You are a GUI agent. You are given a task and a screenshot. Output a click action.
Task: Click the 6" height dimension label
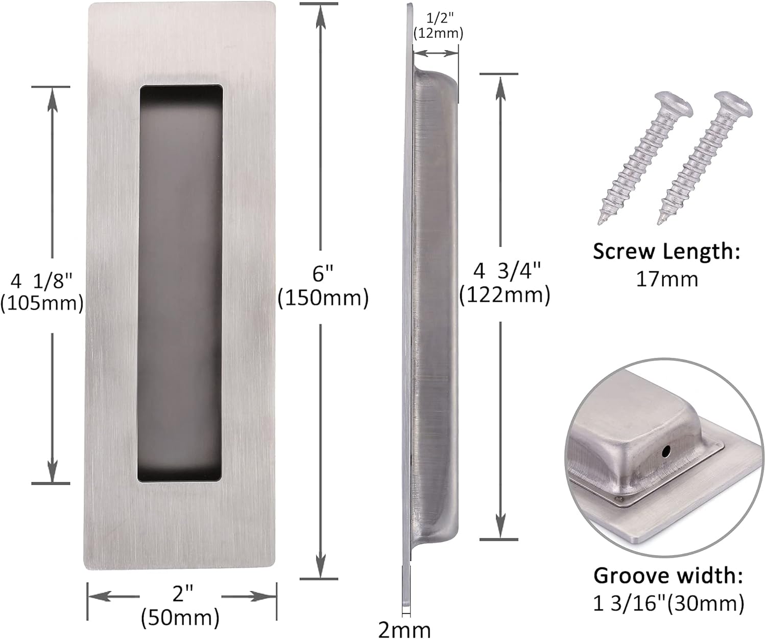point(323,275)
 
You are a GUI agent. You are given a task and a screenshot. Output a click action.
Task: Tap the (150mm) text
point(323,298)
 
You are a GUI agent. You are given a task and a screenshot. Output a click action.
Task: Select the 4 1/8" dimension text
point(42,281)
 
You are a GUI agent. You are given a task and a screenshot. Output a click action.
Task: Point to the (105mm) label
point(42,303)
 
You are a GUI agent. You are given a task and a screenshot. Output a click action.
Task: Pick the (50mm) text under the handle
point(180,617)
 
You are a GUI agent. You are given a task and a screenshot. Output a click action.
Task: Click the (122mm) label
point(505,295)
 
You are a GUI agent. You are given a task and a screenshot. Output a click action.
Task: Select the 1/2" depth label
point(438,19)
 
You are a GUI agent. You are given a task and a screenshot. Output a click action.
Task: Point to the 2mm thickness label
point(404,628)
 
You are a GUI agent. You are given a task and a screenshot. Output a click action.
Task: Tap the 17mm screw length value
point(666,279)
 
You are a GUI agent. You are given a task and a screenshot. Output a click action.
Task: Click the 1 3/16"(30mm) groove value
point(668,604)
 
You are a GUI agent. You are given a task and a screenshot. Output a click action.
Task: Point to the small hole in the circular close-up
point(665,451)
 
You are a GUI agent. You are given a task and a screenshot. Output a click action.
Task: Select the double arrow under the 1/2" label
point(435,53)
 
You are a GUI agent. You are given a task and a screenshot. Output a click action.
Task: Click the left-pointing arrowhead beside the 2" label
point(97,596)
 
